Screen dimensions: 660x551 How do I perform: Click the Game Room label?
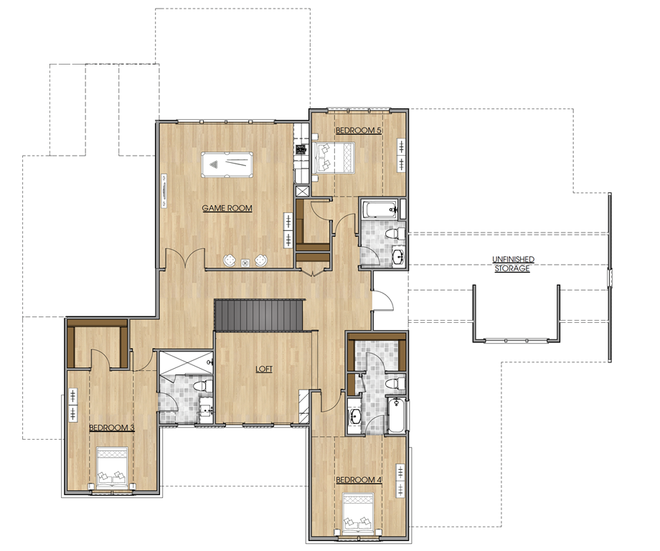tap(227, 208)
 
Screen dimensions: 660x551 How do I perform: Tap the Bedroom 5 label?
tap(359, 131)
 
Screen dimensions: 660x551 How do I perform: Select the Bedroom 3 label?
tap(111, 428)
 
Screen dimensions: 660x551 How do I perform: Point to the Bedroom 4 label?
tap(359, 480)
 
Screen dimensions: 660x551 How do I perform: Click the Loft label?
tap(264, 369)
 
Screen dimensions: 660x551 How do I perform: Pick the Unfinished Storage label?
tap(513, 264)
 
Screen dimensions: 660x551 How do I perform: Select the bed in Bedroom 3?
tap(113, 466)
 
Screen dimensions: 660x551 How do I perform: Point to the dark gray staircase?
tap(259, 315)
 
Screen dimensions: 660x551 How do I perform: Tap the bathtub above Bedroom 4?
tap(396, 415)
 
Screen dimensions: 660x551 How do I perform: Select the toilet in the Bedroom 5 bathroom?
tap(395, 234)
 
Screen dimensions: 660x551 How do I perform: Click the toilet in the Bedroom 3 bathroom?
tap(202, 385)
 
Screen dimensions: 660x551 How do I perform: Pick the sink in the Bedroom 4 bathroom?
tap(355, 417)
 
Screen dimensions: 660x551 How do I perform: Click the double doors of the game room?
tap(185, 258)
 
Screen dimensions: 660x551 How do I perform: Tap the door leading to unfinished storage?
tap(383, 300)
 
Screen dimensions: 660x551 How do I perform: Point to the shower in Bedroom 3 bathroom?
tap(186, 362)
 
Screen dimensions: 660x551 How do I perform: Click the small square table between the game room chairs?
tap(245, 263)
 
